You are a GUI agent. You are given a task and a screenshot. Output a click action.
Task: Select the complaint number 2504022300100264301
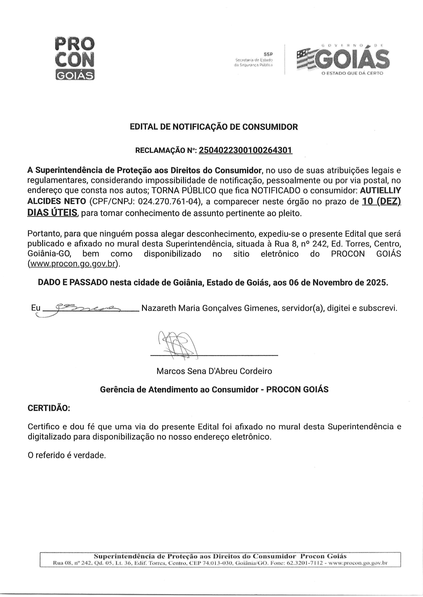(x=245, y=150)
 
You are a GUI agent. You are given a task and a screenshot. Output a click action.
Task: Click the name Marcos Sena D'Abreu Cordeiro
(x=214, y=371)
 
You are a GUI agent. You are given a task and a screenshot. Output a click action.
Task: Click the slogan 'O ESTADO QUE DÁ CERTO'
(x=352, y=73)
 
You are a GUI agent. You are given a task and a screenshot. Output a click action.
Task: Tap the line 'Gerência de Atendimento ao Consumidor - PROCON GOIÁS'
(x=214, y=389)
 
